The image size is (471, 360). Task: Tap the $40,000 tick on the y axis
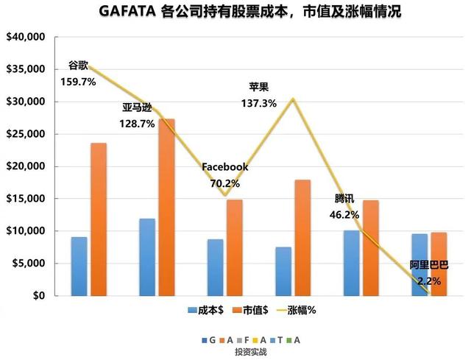pos(25,37)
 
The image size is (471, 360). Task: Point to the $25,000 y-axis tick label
pos(25,134)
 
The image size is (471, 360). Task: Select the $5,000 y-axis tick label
pos(28,264)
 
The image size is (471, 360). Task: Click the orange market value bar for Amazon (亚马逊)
pos(167,207)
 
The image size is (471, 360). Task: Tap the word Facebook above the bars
pos(224,167)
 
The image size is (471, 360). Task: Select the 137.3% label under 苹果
pos(258,104)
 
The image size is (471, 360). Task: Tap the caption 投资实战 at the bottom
pos(250,353)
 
